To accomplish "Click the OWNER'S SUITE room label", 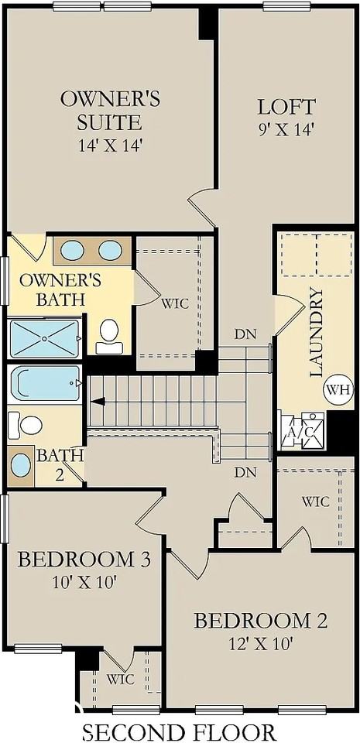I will (110, 110).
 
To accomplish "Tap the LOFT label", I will (276, 107).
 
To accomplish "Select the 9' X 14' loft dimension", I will (276, 129).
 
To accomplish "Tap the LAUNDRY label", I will (316, 332).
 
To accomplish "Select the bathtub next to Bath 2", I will (45, 383).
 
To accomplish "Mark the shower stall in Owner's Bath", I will (44, 338).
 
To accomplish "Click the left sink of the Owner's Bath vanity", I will (72, 250).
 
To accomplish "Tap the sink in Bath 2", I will (22, 465).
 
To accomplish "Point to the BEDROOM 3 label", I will (84, 559).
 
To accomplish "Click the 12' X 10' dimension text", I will (260, 643).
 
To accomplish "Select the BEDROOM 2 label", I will (260, 621).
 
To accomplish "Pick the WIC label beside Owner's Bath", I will (175, 303).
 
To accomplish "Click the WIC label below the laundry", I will (315, 502).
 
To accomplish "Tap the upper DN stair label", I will (246, 335).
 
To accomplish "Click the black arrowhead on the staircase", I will (98, 401).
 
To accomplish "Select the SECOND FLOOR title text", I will (179, 731).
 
